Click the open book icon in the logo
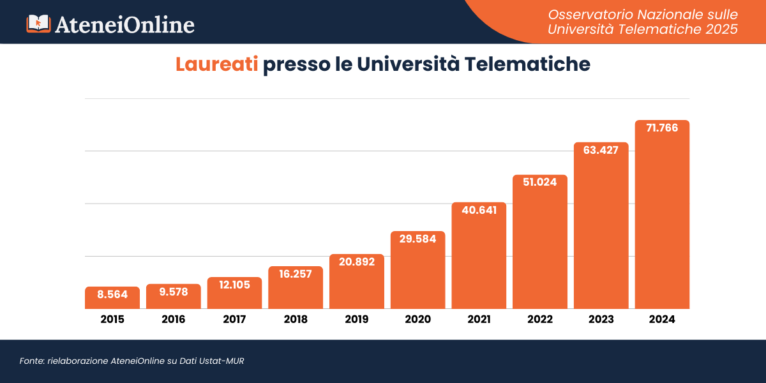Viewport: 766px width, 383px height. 38,24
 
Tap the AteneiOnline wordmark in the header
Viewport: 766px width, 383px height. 125,24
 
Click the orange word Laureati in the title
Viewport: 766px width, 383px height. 217,64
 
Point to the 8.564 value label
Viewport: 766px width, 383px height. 112,295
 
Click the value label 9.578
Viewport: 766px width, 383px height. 174,292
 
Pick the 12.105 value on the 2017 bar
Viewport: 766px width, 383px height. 234,285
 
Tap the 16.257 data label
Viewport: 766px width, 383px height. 296,274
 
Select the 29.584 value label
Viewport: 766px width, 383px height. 417,239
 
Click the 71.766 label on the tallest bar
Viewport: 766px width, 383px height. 662,128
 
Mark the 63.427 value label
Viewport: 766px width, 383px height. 601,150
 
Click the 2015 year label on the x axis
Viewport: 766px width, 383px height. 112,319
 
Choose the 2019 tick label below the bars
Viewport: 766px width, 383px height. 356,319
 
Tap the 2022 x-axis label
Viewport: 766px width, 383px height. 540,319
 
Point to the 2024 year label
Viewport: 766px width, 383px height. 662,319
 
